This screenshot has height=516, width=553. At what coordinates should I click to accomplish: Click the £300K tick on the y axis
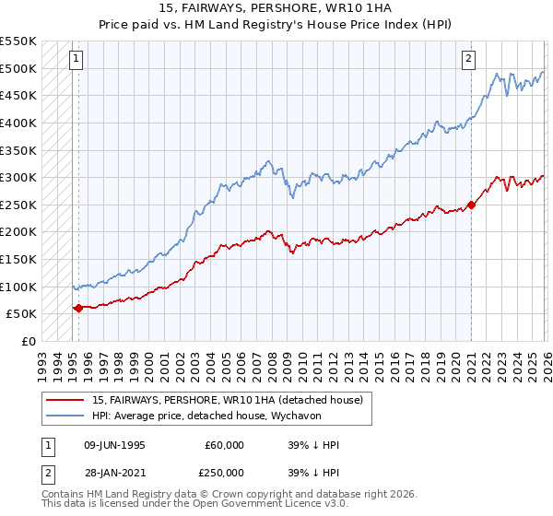[x=18, y=177]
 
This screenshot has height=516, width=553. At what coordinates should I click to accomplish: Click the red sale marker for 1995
[x=78, y=308]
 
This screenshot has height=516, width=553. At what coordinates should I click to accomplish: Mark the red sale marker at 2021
[x=471, y=205]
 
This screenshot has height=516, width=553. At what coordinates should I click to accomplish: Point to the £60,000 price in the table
[x=224, y=445]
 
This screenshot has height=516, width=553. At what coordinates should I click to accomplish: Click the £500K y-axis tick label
[x=18, y=68]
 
